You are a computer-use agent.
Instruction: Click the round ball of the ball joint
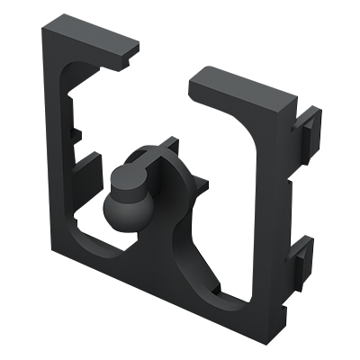point(119,212)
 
